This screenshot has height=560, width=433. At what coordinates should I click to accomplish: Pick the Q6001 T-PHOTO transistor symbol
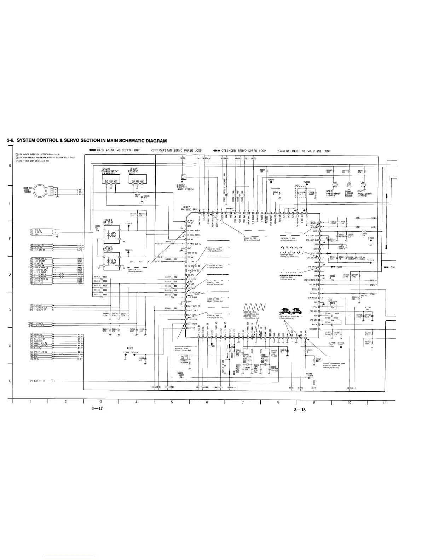pyautogui.click(x=335, y=185)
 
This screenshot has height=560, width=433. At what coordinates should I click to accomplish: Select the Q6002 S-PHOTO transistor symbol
pyautogui.click(x=363, y=185)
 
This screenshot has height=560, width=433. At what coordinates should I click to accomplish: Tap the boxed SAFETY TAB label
pyautogui.click(x=184, y=357)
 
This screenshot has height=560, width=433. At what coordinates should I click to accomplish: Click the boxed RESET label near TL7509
pyautogui.click(x=130, y=348)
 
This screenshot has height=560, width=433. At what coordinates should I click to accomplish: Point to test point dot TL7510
pyautogui.click(x=135, y=355)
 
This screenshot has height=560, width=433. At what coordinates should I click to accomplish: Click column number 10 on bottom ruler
pyautogui.click(x=349, y=402)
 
